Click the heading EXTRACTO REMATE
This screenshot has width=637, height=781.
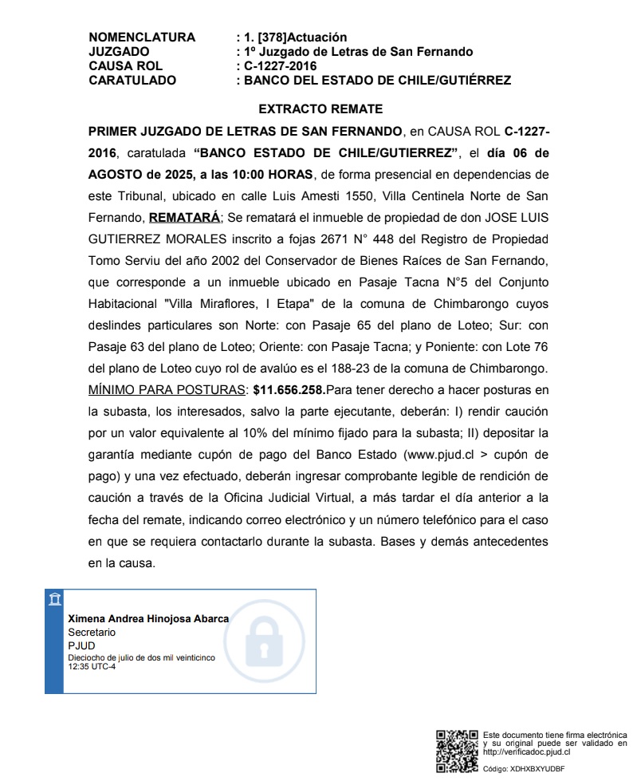tap(320, 109)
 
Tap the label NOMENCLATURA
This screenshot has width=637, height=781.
tap(142, 37)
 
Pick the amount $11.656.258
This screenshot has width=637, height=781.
tap(288, 390)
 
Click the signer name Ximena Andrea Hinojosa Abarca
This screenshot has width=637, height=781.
tap(148, 619)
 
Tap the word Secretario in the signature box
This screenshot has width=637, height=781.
tap(92, 632)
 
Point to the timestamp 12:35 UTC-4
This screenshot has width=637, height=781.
tap(92, 666)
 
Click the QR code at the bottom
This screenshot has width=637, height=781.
tap(457, 750)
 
